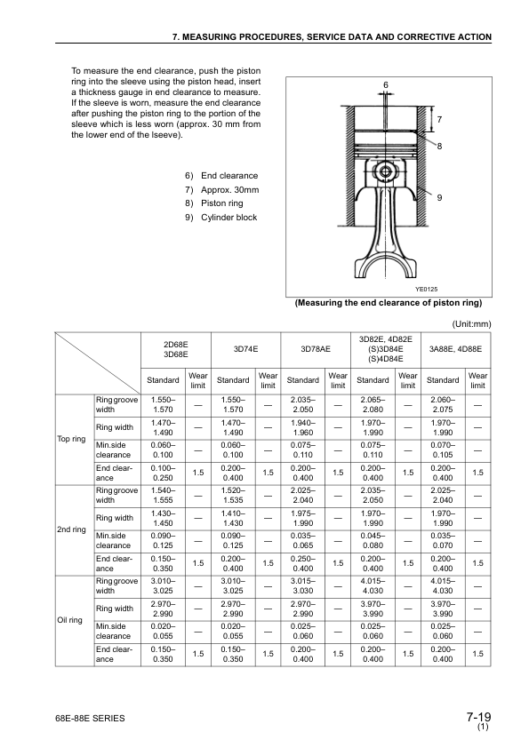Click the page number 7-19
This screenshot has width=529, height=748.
(x=477, y=717)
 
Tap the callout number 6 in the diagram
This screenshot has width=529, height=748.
(x=386, y=84)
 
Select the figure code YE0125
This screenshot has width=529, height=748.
(x=427, y=290)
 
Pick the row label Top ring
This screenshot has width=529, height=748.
(x=71, y=438)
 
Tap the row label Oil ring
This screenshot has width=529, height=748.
(x=71, y=619)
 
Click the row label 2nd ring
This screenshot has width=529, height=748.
(x=71, y=529)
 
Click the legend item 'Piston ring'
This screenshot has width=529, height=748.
(x=217, y=203)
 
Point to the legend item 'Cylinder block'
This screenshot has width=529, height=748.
(x=222, y=218)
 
